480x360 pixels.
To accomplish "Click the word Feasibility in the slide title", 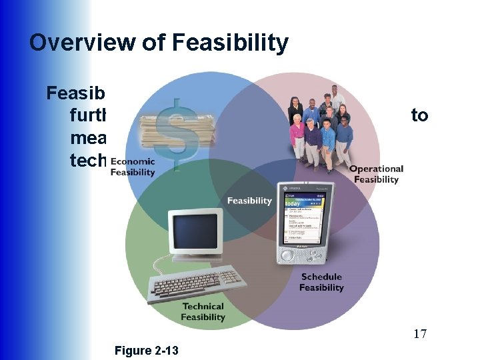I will click(230, 43).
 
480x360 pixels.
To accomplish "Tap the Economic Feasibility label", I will click(133, 167).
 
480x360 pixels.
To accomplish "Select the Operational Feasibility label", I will click(376, 174).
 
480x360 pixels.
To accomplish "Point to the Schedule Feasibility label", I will click(321, 282).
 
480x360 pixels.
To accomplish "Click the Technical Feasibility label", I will click(203, 312).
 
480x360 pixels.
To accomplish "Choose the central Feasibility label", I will click(250, 201).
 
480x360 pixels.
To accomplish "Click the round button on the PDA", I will click(288, 255).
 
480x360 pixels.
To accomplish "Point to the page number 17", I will click(418, 333).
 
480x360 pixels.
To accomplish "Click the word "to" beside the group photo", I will click(419, 115).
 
